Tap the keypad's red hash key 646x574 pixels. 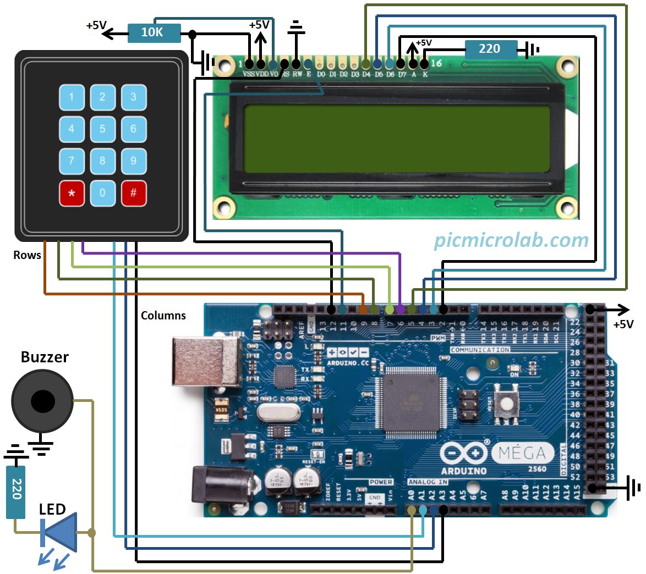[x=134, y=194]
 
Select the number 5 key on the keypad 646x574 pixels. [x=102, y=129]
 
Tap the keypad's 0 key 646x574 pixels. [x=102, y=194]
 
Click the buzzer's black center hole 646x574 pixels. [x=43, y=402]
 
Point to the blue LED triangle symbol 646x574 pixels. [x=61, y=532]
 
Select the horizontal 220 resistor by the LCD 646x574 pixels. [x=490, y=49]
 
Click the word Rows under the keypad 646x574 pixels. [x=28, y=255]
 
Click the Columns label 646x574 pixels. [x=163, y=316]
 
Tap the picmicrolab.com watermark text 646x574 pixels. [x=511, y=240]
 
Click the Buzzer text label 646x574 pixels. [x=45, y=357]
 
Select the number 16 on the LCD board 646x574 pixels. [x=436, y=63]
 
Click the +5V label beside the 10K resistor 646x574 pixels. [x=96, y=25]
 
